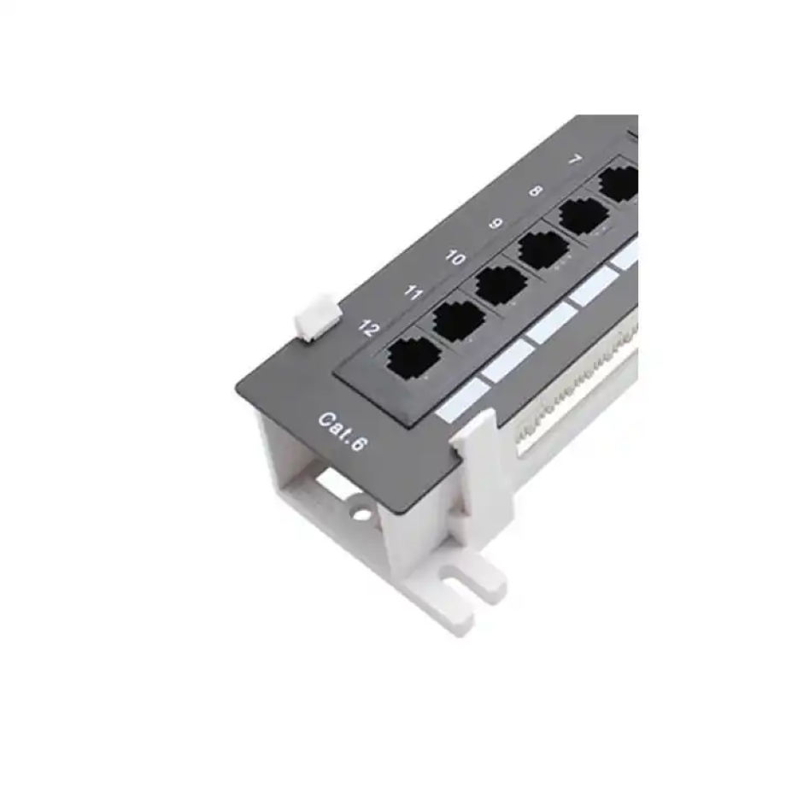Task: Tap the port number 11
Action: point(413,293)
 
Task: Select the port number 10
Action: point(455,257)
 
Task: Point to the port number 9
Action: point(496,224)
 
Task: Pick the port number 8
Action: point(536,191)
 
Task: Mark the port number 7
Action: point(575,160)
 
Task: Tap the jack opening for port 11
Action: point(459,319)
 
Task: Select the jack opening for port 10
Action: point(501,284)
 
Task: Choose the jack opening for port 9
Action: point(543,249)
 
